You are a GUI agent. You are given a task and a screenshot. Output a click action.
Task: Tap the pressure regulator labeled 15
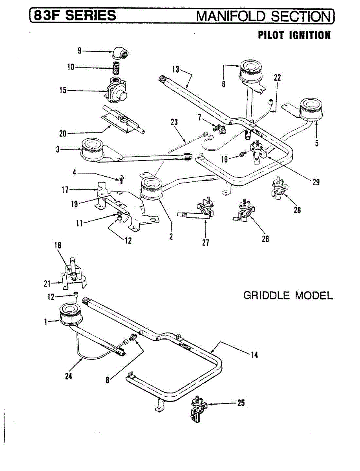pyautogui.click(x=116, y=91)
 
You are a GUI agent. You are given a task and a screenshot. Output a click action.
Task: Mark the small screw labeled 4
pyautogui.click(x=121, y=180)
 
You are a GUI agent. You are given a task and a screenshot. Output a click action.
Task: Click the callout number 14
pyautogui.click(x=254, y=356)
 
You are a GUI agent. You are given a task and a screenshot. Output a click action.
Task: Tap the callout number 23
pyautogui.click(x=174, y=122)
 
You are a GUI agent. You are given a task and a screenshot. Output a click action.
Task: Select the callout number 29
pyautogui.click(x=316, y=183)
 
